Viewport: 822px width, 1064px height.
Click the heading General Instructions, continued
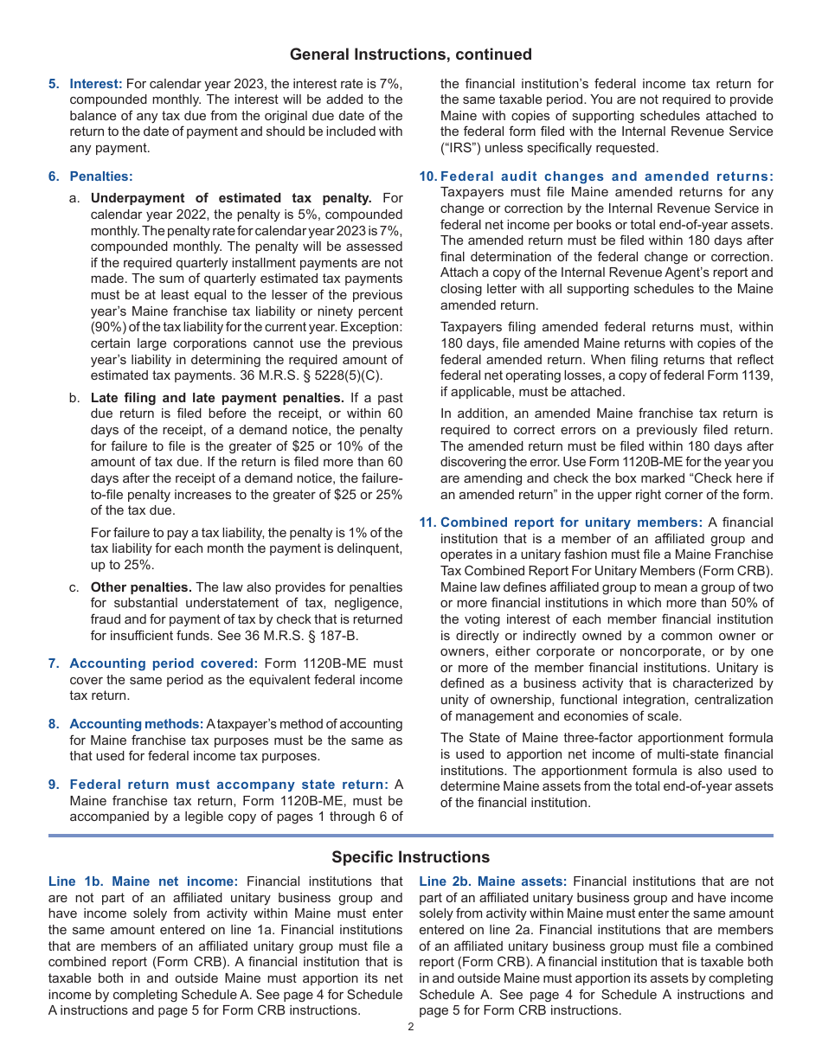[x=410, y=54]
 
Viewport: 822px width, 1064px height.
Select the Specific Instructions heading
[x=410, y=857]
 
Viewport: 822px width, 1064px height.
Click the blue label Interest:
[x=96, y=84]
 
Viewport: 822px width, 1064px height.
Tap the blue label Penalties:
[x=101, y=176]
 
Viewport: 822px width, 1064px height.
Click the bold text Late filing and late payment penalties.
[x=217, y=398]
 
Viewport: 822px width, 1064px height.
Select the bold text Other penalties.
[x=141, y=586]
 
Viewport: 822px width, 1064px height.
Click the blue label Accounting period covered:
[x=164, y=663]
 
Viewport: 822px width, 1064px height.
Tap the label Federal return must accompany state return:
[x=228, y=785]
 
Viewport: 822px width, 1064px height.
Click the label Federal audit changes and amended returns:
[x=607, y=176]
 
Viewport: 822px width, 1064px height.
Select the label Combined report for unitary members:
[x=571, y=522]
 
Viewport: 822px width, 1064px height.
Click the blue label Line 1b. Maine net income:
[x=143, y=881]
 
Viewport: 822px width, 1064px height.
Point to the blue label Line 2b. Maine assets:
[x=493, y=881]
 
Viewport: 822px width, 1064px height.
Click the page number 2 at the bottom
[x=411, y=1027]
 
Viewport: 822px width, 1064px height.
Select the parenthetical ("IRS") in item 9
[x=464, y=148]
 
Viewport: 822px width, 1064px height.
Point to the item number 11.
[x=427, y=522]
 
